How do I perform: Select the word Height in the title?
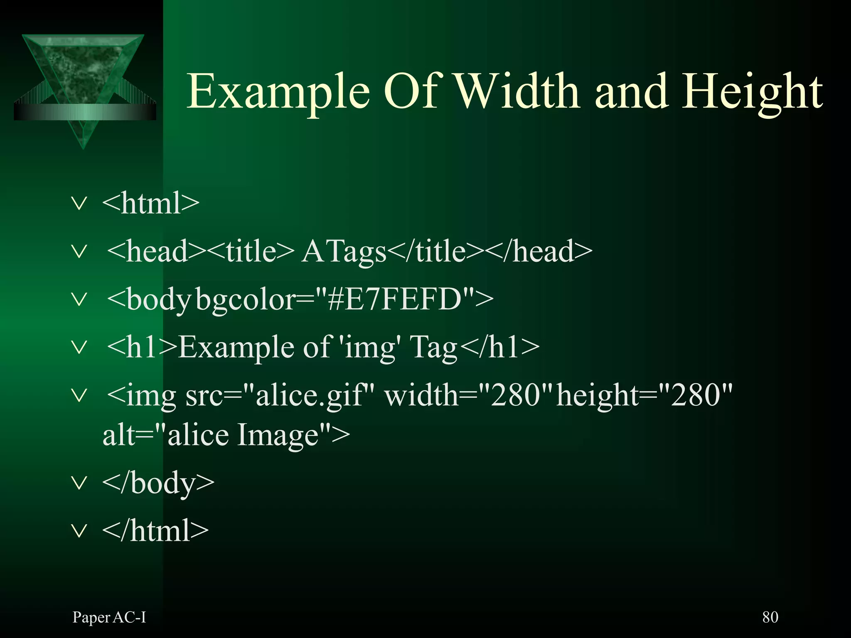coord(752,92)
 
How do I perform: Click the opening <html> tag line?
coord(150,204)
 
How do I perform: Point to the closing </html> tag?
coord(155,531)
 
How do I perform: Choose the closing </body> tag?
coord(158,483)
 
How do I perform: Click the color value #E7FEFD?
coord(395,299)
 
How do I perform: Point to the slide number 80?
coord(770,617)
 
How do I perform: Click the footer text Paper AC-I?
coord(109,618)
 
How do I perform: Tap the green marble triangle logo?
coord(83,83)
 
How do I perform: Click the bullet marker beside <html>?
coord(79,204)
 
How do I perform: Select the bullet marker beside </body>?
coord(79,483)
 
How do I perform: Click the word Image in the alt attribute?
coord(278,435)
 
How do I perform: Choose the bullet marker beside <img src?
coord(79,395)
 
